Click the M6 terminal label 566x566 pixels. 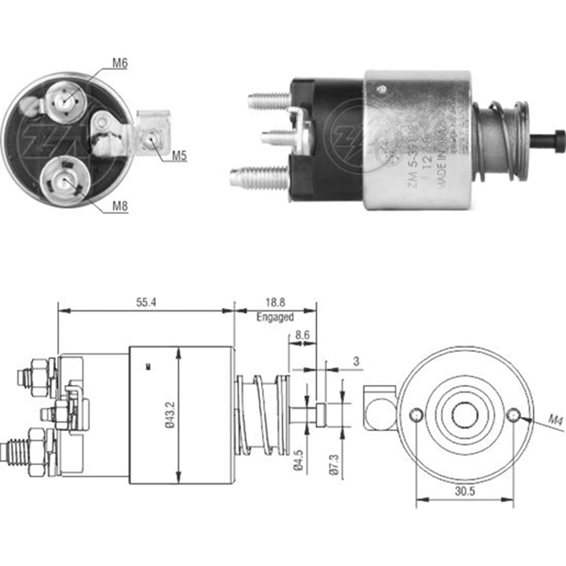119,63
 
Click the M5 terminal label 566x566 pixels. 179,156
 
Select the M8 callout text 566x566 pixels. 119,207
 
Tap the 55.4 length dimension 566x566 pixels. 145,303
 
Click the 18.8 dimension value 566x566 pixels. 275,303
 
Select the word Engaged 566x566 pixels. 275,317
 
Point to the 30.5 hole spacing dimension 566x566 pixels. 464,491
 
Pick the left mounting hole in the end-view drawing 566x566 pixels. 417,415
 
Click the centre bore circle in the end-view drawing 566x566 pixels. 465,415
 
